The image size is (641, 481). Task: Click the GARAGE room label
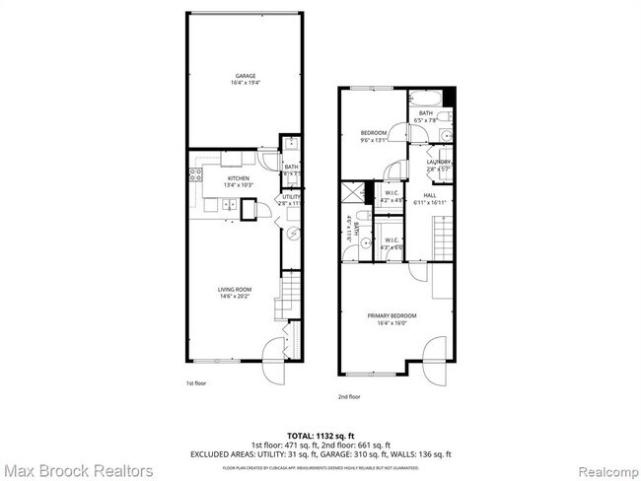[246, 76]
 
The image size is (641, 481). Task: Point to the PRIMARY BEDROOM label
[392, 315]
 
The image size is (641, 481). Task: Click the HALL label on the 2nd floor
[430, 195]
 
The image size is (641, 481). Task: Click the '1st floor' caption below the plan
[197, 382]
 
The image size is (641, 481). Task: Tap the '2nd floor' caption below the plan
[349, 396]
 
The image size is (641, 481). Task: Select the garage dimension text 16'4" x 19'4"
[246, 83]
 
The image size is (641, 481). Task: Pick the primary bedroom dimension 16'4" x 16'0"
[392, 322]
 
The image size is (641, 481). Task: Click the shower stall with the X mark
[351, 192]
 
